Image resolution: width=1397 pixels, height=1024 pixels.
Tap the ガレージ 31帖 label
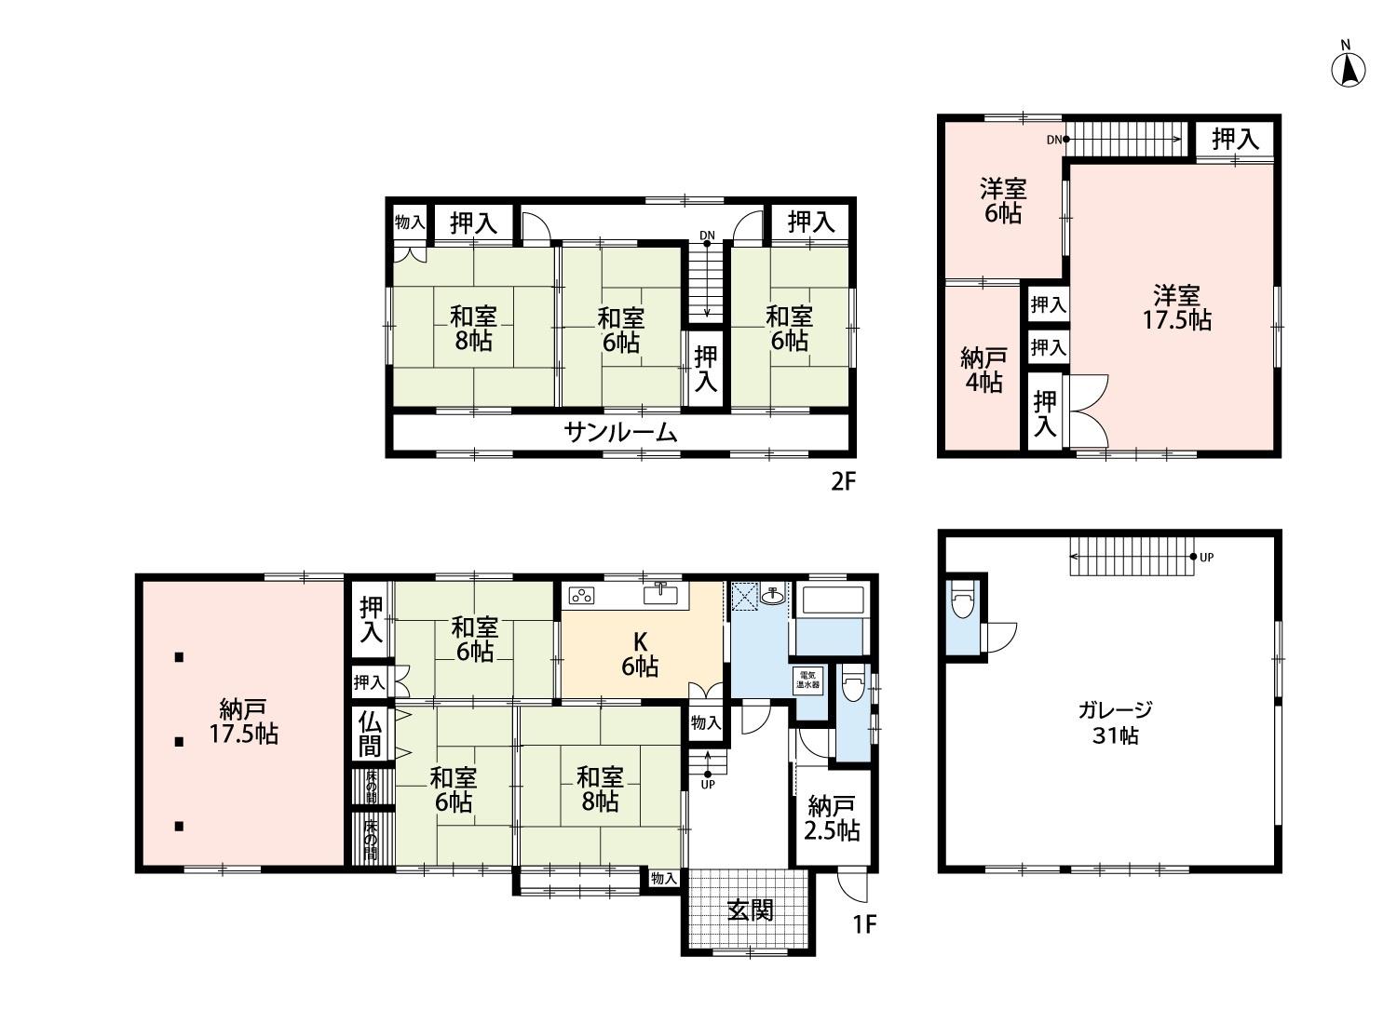pyautogui.click(x=1115, y=722)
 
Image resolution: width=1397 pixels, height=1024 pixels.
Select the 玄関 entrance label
pyautogui.click(x=751, y=911)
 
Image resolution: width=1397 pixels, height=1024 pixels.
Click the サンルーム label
pyautogui.click(x=620, y=432)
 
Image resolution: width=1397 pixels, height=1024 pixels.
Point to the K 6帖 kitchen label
pyautogui.click(x=640, y=653)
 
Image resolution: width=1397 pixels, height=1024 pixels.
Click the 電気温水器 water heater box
pyautogui.click(x=807, y=680)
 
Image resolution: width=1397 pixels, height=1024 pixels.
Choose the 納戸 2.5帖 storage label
pyautogui.click(x=832, y=819)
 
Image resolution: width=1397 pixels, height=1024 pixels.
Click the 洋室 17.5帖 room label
pyautogui.click(x=1176, y=307)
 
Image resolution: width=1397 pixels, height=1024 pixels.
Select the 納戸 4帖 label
pyautogui.click(x=983, y=371)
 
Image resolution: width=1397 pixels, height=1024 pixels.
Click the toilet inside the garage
pyautogui.click(x=964, y=599)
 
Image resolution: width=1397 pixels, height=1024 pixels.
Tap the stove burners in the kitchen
pyautogui.click(x=581, y=596)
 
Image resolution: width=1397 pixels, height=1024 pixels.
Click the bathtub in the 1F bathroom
pyautogui.click(x=833, y=601)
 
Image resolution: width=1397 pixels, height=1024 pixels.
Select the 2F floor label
pyautogui.click(x=845, y=482)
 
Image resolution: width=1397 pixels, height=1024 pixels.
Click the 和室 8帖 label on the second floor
pyautogui.click(x=473, y=329)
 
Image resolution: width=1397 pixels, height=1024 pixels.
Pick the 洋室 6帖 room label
pyautogui.click(x=1003, y=201)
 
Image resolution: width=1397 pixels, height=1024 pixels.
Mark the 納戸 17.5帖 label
pyautogui.click(x=243, y=721)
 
